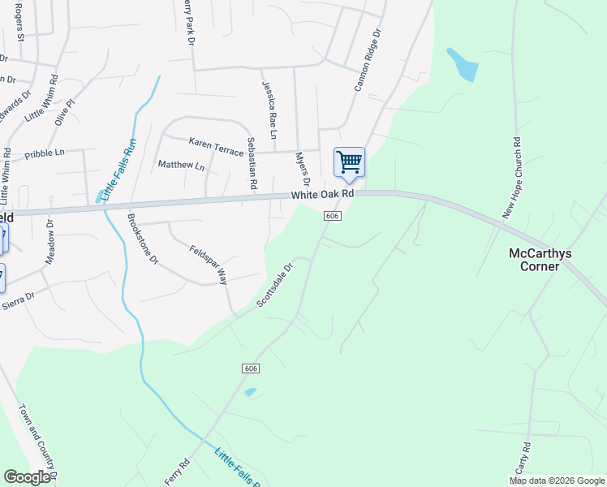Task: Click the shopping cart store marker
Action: coord(349,162)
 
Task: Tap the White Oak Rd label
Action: coord(323,195)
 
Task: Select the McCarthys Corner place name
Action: coord(540,260)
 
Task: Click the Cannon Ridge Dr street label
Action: coord(366,62)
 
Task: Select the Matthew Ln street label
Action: coord(181,166)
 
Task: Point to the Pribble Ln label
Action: coord(44,152)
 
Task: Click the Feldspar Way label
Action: coord(208,265)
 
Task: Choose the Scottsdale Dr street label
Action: coord(273,285)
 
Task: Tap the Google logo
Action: coord(27,477)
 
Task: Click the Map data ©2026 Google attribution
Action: coord(557,481)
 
